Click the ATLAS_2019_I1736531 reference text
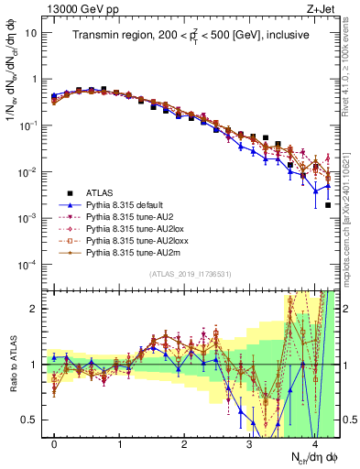(189, 276)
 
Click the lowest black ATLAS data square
(328, 205)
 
